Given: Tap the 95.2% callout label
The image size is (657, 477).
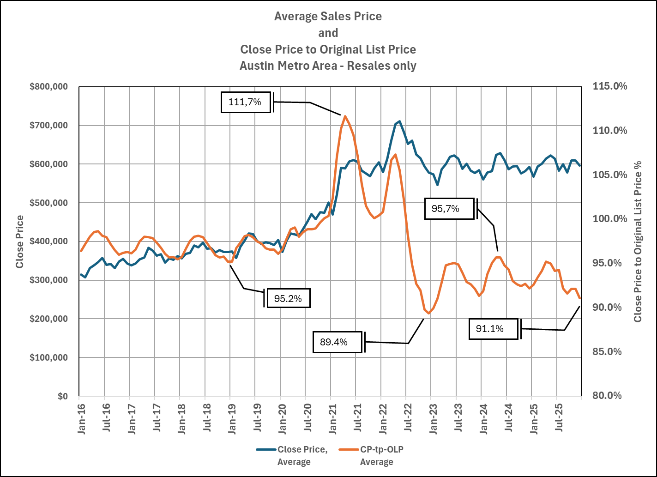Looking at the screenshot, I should [x=288, y=298].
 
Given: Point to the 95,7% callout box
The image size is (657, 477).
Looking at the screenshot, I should [x=449, y=209].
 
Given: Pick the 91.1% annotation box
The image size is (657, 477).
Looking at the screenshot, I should [x=493, y=329].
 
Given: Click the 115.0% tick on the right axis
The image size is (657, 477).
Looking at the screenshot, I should [x=610, y=86].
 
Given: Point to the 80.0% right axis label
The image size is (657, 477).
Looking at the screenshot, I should [x=610, y=396].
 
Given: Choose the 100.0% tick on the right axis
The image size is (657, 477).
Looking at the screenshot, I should [x=610, y=219].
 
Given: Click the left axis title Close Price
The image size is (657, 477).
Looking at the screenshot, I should [x=19, y=242].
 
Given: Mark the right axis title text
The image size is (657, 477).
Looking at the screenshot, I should [x=638, y=242].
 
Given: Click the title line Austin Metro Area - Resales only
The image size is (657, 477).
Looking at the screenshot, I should [x=328, y=66].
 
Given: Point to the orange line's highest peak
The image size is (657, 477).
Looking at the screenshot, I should [x=345, y=116].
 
